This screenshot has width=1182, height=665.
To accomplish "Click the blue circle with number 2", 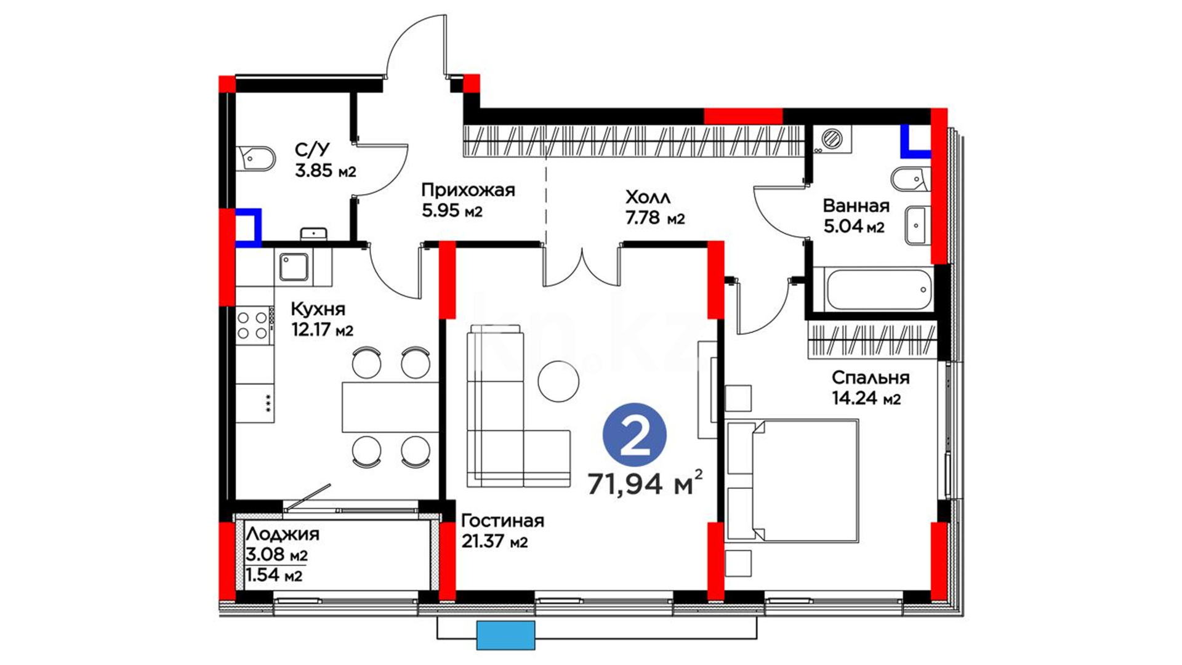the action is [x=634, y=435].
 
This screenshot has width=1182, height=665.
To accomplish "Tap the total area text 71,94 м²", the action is [x=645, y=483].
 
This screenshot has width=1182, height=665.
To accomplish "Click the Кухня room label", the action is [x=318, y=308].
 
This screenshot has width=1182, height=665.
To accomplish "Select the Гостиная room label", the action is [x=502, y=521].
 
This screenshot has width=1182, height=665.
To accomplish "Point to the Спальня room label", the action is [x=870, y=377].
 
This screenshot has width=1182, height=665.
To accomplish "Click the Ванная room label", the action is [x=856, y=206].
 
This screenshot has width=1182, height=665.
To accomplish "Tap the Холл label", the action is [x=648, y=198].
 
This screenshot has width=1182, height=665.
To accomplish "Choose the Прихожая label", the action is [x=468, y=190].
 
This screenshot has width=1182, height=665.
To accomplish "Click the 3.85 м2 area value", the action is [x=325, y=171].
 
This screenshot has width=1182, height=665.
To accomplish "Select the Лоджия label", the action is [x=283, y=534].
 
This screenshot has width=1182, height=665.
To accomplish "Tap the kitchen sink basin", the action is [x=294, y=268].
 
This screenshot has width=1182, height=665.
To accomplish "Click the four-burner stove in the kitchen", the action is [x=254, y=325].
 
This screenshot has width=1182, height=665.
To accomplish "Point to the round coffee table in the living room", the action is [x=558, y=381].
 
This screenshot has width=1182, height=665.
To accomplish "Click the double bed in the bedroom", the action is [x=792, y=480].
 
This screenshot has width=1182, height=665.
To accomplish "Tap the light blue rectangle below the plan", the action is [x=505, y=635].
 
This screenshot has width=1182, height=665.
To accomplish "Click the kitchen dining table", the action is [x=390, y=407].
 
